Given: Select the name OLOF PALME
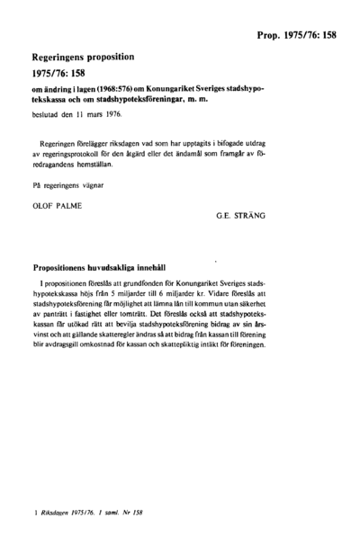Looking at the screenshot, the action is (x=57, y=205).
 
